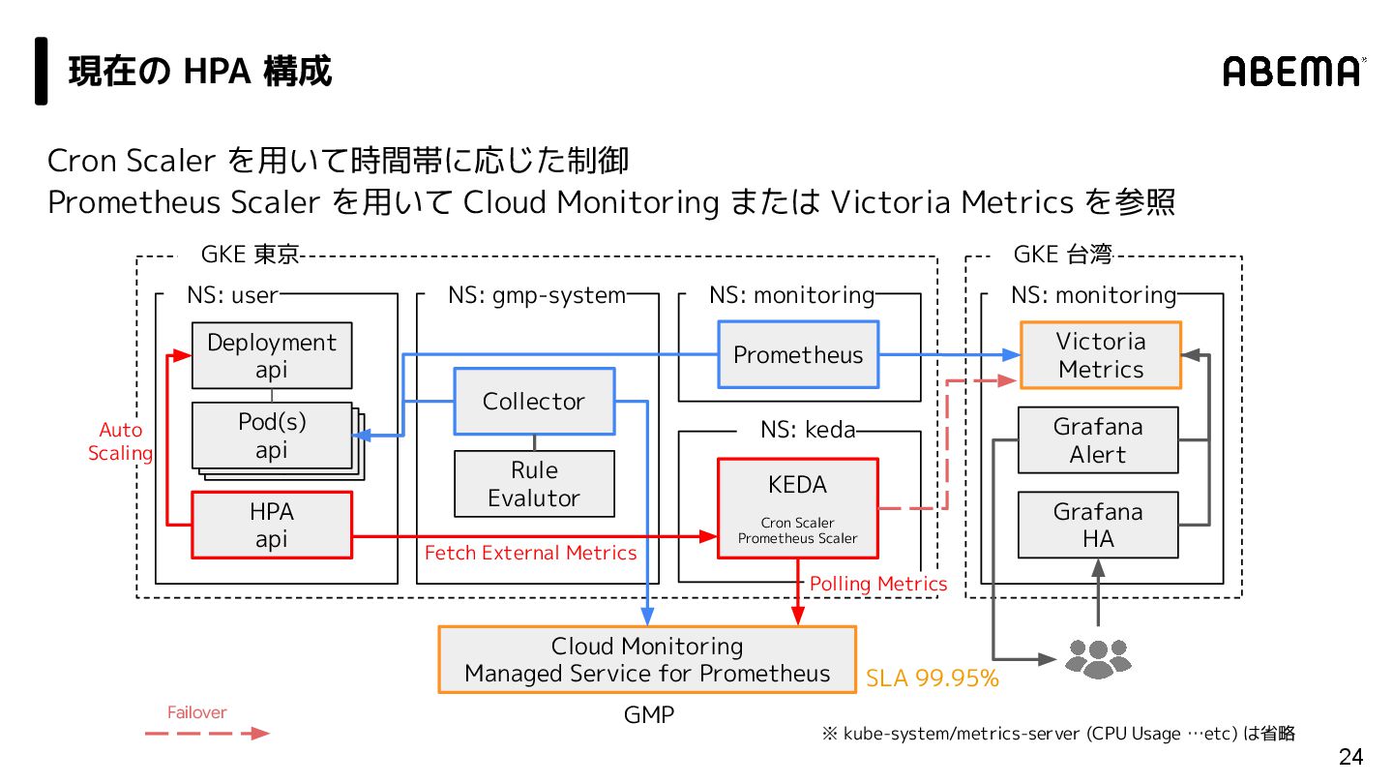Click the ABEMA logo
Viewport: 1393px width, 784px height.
1294,72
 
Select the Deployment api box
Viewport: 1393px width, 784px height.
272,355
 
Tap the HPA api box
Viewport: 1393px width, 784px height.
272,525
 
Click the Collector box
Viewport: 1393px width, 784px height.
534,401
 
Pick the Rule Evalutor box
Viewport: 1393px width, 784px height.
534,484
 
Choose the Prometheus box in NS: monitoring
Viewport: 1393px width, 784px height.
797,354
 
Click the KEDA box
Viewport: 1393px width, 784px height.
797,508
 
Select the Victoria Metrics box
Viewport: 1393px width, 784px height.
1101,355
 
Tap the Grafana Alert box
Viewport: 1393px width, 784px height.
1098,439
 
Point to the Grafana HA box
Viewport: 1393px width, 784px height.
1098,525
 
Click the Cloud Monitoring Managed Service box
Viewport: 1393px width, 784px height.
647,659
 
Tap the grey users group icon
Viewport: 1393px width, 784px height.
1098,657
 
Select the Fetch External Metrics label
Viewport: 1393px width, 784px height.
531,553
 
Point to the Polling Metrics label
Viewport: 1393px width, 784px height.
878,584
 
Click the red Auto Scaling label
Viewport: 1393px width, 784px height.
121,441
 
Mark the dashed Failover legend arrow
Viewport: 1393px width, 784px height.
207,734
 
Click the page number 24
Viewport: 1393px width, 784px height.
1350,756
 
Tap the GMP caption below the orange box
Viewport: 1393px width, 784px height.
648,715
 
